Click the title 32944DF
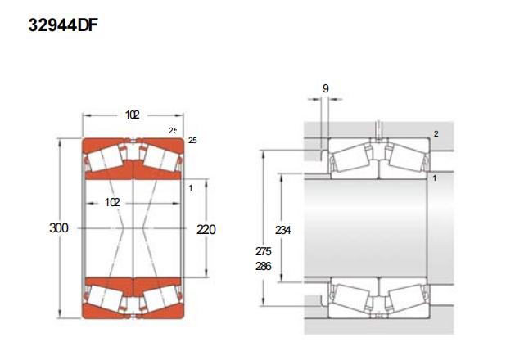(63, 25)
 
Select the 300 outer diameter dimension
(59, 228)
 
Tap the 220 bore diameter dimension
(206, 230)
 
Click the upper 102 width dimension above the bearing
(133, 115)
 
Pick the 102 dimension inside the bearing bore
(112, 202)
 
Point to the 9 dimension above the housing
(326, 88)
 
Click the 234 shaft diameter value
(282, 230)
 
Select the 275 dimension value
(264, 251)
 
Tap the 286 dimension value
(264, 266)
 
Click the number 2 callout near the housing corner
(436, 134)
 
